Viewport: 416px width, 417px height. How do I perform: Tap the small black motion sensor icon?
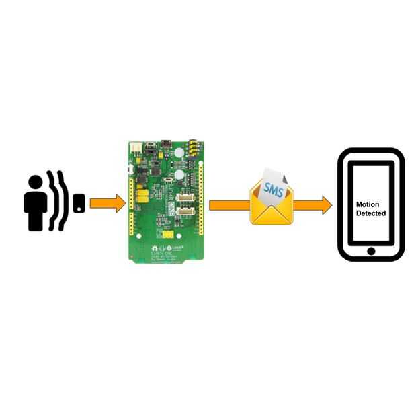tap(79, 202)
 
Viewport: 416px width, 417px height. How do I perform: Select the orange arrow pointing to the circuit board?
tap(108, 202)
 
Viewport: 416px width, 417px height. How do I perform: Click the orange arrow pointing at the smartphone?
tap(313, 204)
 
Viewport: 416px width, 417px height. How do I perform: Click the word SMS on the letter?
tap(272, 188)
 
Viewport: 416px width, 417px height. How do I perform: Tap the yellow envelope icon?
tap(272, 204)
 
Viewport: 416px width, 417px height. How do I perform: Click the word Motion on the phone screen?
tap(368, 204)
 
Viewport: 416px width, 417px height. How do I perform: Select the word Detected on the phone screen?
tap(371, 213)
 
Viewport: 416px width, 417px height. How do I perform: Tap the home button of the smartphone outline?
tap(371, 251)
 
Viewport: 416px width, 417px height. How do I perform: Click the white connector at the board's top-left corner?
tap(136, 147)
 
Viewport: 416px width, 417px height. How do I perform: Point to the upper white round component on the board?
tap(179, 153)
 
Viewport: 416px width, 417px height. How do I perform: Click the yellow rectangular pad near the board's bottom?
tap(169, 235)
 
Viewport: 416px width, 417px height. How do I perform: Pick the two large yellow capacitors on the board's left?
tap(142, 196)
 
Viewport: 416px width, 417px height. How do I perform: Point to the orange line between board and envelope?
tap(229, 204)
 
